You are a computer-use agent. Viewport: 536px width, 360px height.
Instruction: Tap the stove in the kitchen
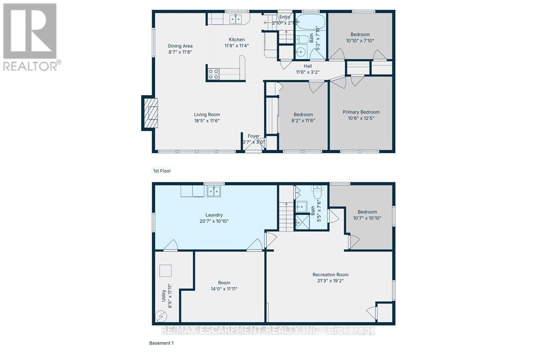(213, 74)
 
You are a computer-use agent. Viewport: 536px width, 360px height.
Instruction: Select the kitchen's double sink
(235, 19)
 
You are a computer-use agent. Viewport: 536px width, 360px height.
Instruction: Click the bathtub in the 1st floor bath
(311, 22)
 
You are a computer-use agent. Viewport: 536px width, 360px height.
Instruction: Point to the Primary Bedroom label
(361, 112)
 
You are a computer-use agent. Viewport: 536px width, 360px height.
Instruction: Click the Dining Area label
(180, 46)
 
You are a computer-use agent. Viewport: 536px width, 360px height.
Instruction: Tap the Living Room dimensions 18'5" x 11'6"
(207, 120)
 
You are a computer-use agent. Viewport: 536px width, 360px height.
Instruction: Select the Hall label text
(308, 65)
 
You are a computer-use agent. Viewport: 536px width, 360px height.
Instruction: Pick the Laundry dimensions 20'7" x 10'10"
(214, 221)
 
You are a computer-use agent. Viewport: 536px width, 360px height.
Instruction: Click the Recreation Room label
(330, 275)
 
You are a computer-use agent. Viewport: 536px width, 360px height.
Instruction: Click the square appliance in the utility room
(165, 271)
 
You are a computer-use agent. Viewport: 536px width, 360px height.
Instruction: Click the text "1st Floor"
(162, 171)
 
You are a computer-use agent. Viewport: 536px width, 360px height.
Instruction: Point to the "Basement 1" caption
(162, 343)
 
